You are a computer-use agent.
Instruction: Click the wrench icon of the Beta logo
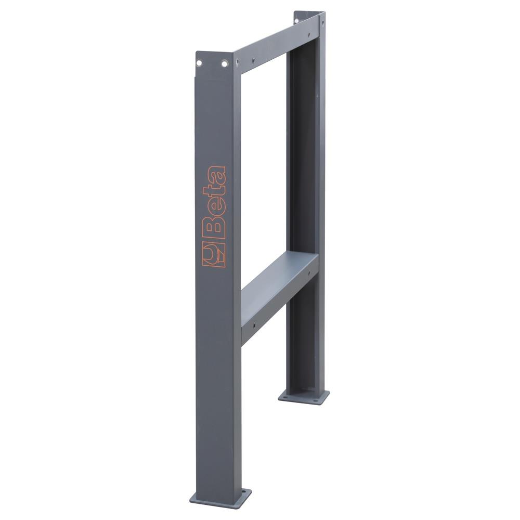tap(214, 255)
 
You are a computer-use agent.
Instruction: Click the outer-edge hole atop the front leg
tap(199, 63)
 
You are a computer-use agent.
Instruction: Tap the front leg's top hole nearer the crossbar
tap(225, 63)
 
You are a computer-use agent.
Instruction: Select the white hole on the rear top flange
tap(297, 21)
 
